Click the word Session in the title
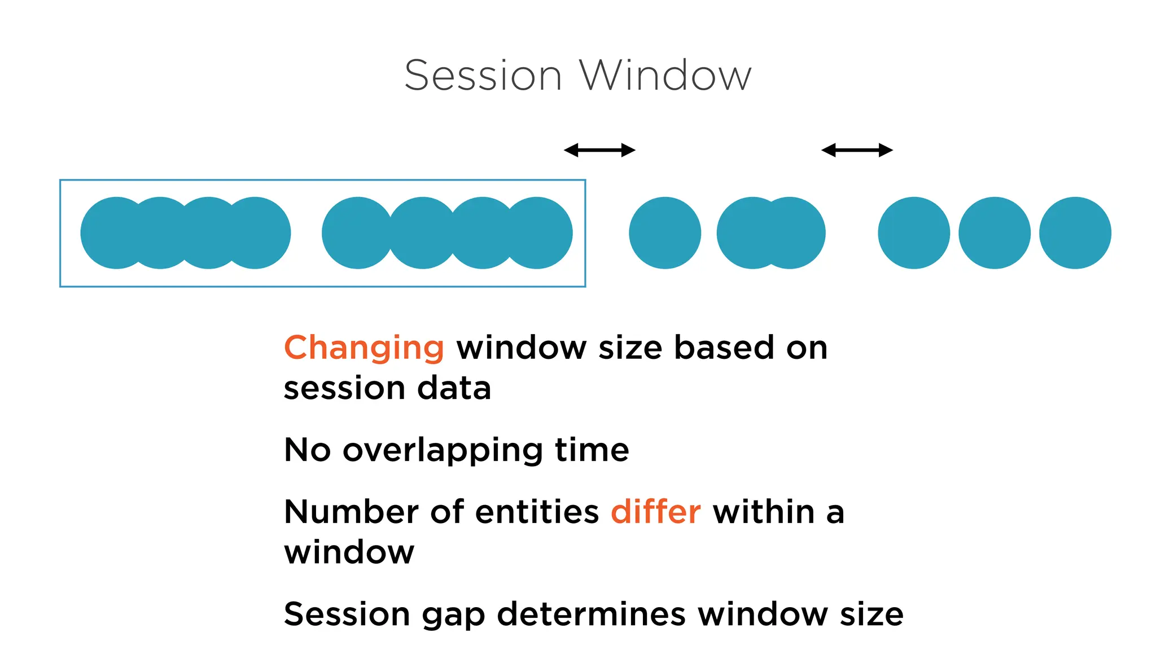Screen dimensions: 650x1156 483,76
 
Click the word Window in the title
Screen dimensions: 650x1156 665,76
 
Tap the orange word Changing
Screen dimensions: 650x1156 364,348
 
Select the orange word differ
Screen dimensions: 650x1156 655,512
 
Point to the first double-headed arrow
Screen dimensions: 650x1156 599,150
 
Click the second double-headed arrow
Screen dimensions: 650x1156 857,150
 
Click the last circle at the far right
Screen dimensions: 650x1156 1075,233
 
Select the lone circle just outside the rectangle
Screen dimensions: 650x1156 665,233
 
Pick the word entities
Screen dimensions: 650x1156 537,512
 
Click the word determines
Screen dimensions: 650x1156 591,614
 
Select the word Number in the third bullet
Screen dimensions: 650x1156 351,512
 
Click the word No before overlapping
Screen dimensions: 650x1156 307,450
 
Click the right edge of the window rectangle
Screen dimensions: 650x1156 585,233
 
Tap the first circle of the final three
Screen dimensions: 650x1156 914,233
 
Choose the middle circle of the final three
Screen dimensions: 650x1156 995,233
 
